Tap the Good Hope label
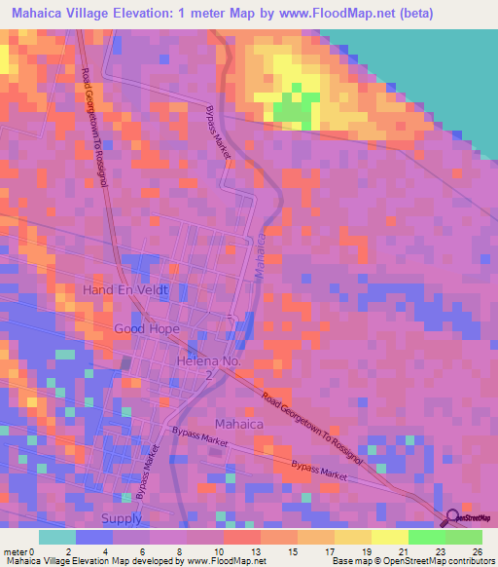[147, 329]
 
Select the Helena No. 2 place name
[208, 367]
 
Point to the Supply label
[122, 518]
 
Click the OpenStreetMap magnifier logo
[451, 517]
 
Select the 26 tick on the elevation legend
[476, 550]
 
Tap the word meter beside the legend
[16, 550]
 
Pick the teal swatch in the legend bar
[57, 537]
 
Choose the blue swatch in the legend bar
[94, 537]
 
